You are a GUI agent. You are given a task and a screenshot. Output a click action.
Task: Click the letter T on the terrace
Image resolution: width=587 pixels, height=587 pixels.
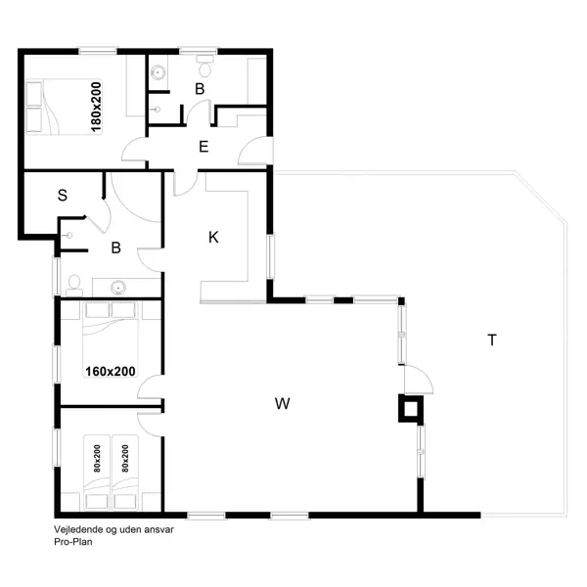[492, 340]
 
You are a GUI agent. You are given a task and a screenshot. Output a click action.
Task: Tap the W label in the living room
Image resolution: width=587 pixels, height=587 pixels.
[283, 402]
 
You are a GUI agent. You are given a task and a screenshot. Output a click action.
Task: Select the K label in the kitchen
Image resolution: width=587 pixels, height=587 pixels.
[213, 237]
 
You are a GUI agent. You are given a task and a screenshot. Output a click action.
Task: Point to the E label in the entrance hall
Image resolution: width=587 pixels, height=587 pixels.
[203, 148]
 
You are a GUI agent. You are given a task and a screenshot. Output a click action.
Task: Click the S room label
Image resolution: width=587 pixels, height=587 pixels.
[63, 195]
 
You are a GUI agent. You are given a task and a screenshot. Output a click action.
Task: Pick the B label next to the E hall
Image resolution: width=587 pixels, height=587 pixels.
[200, 89]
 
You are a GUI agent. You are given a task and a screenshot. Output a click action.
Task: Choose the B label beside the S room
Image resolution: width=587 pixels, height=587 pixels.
[115, 248]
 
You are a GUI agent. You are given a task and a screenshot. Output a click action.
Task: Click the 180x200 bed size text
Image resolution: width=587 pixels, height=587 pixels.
[96, 107]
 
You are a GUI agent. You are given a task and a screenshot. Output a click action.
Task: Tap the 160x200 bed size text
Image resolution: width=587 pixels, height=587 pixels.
[111, 371]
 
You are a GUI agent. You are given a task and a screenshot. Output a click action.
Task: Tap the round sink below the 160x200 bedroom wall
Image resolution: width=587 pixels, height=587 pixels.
[118, 287]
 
